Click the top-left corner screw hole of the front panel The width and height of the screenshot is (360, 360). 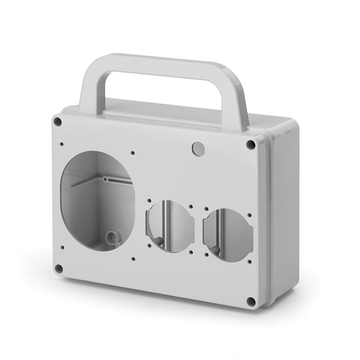pos(57,121)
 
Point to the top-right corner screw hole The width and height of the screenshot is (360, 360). pos(251,145)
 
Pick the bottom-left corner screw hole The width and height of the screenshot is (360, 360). pos(58,269)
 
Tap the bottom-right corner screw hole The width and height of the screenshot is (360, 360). pos(251,301)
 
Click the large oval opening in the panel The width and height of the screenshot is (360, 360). pos(97,200)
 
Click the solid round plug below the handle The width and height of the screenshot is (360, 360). pos(198,148)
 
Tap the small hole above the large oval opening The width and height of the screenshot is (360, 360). pos(132,153)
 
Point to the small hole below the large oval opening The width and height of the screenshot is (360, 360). pos(134,259)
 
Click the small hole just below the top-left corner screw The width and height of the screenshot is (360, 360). pos(62,144)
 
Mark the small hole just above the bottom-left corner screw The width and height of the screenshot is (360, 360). pos(62,247)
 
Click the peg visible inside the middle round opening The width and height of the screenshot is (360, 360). pos(160,241)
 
